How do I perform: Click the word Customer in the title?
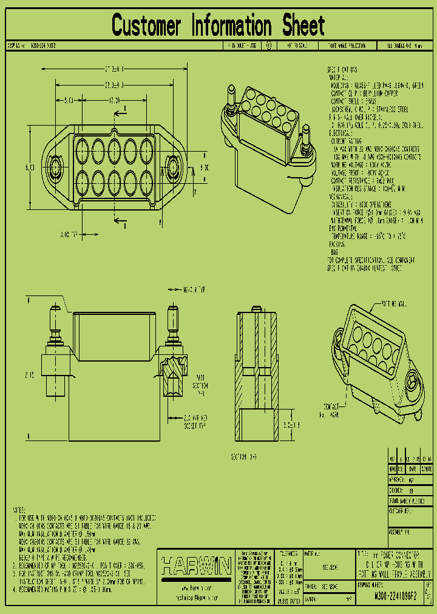(147, 26)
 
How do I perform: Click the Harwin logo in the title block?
(196, 567)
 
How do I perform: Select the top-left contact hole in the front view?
(82, 149)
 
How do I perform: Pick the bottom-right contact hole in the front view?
(146, 180)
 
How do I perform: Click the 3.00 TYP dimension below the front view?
(69, 233)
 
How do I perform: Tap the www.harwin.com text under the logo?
(196, 589)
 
